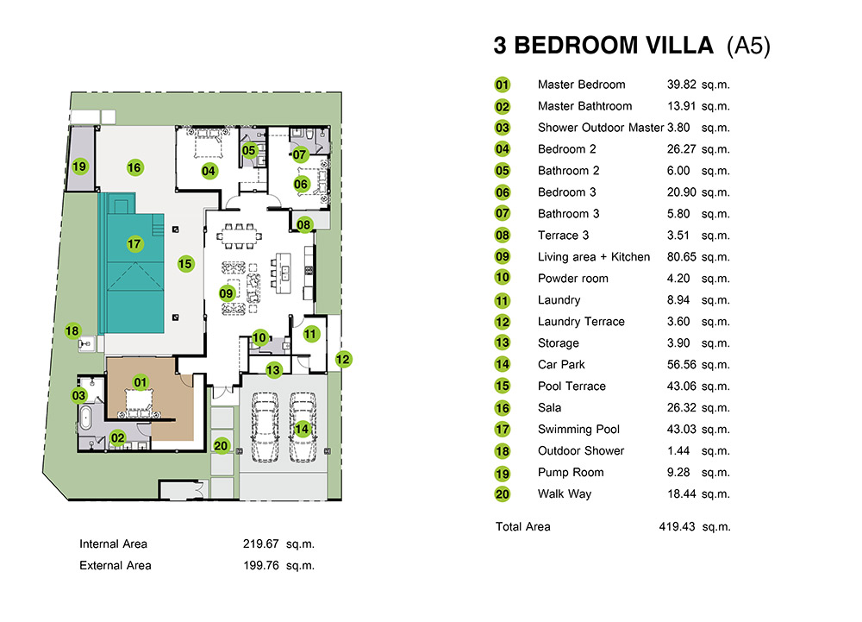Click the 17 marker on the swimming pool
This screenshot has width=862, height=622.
tap(134, 243)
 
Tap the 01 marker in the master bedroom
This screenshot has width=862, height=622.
tap(141, 382)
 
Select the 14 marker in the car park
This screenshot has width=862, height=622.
tap(302, 429)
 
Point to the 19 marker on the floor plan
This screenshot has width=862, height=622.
tap(79, 166)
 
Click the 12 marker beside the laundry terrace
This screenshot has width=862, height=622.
tap(342, 359)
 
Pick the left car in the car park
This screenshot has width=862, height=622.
tap(265, 427)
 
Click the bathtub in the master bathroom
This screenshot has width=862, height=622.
tap(85, 418)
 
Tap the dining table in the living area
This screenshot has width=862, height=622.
tap(239, 236)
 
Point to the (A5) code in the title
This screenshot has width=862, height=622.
tap(748, 46)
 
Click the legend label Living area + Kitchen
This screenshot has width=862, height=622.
tap(594, 257)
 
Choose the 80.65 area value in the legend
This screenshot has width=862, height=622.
tap(681, 257)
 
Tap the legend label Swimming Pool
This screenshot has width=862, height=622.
tap(578, 429)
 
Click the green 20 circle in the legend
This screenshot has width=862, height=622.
tap(502, 493)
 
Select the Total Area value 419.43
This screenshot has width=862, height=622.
tap(677, 526)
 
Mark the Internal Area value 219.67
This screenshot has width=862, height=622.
tap(260, 543)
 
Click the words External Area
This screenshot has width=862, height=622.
tap(115, 565)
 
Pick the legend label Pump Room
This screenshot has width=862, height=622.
tap(571, 473)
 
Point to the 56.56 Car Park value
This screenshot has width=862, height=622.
tap(681, 365)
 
